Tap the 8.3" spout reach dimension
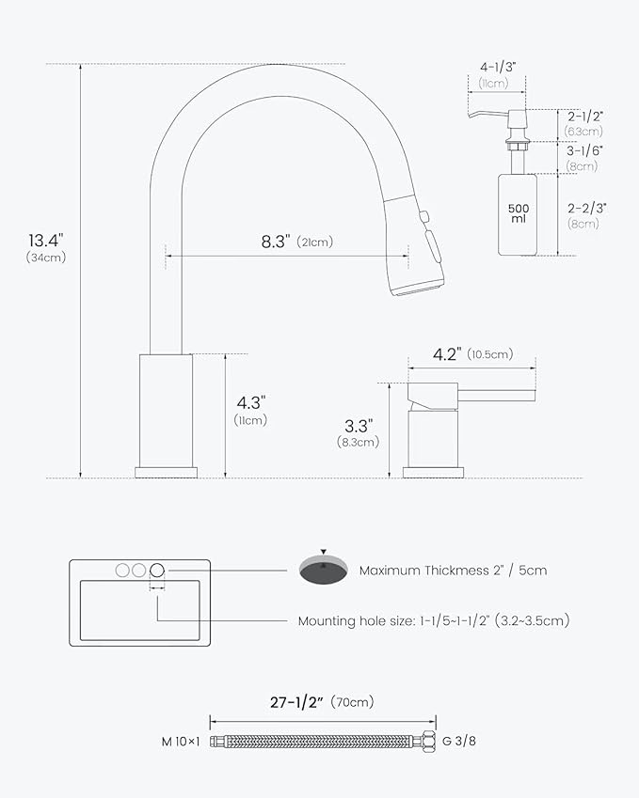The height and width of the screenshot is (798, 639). [x=275, y=241]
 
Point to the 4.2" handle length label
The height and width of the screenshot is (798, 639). [x=448, y=354]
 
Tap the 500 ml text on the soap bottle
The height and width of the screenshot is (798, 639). [x=518, y=213]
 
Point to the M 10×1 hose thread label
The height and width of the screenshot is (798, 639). [x=181, y=741]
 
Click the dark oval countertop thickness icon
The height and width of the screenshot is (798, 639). [x=324, y=568]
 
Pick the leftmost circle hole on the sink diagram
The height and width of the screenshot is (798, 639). [x=121, y=570]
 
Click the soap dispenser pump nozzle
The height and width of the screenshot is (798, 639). [x=482, y=113]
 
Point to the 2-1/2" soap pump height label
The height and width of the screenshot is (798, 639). [x=585, y=116]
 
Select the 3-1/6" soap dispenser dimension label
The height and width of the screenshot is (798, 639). [x=585, y=150]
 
